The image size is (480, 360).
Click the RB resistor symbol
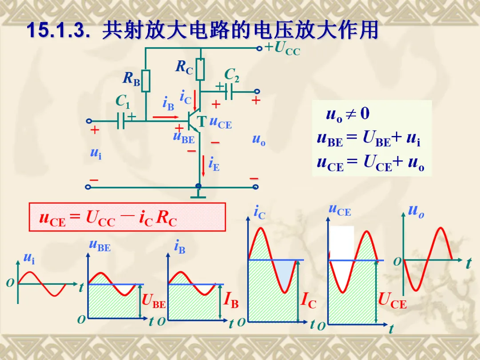point(146,81)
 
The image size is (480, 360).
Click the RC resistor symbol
point(200,69)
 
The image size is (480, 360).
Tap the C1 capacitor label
point(123,102)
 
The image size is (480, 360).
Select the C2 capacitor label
point(232,75)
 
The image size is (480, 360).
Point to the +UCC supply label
point(283,48)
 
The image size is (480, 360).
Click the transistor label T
point(202,121)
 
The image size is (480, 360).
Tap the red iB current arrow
point(165,118)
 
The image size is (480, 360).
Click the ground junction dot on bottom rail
point(198,187)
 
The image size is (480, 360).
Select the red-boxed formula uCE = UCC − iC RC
point(127,217)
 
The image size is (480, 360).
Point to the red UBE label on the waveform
point(154,302)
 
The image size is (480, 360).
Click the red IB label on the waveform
point(232,302)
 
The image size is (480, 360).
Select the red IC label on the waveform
point(308,302)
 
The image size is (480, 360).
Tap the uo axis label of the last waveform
point(416,211)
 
